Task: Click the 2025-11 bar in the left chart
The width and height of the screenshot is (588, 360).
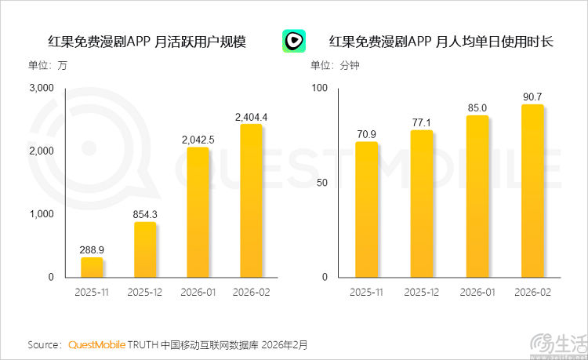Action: coord(92,267)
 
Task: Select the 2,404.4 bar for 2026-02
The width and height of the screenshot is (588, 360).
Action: coord(251,201)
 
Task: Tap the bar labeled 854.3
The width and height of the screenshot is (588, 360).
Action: coord(145,249)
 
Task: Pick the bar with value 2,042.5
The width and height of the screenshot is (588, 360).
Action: coord(198,212)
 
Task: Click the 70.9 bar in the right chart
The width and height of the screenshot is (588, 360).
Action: coord(366,209)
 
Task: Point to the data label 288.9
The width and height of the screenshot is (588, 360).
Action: coord(93,249)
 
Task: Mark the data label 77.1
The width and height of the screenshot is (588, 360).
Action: coord(422,122)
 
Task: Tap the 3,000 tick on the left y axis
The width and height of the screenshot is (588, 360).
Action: coord(41,87)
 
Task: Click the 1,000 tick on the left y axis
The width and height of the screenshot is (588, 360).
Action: coord(41,214)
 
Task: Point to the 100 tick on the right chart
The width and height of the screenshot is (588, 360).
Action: coord(319,87)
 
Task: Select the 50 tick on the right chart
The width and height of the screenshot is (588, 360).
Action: coord(321,183)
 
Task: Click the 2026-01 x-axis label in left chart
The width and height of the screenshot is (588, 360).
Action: coord(198,292)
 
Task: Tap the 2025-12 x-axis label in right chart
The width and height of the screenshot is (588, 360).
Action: coord(422,292)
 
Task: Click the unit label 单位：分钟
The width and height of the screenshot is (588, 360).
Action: coord(335,65)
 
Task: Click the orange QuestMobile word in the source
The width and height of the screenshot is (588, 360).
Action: coord(96,344)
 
